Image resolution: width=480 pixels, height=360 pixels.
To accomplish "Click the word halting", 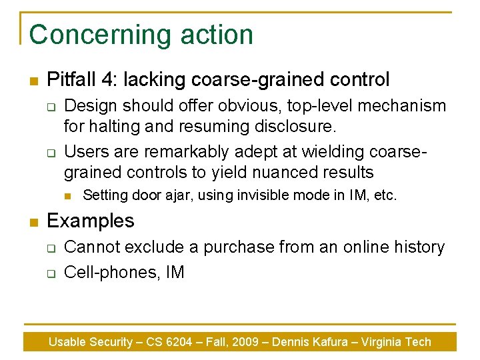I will pos(117,125).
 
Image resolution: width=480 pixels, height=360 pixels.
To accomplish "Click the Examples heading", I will pos(91,221).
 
